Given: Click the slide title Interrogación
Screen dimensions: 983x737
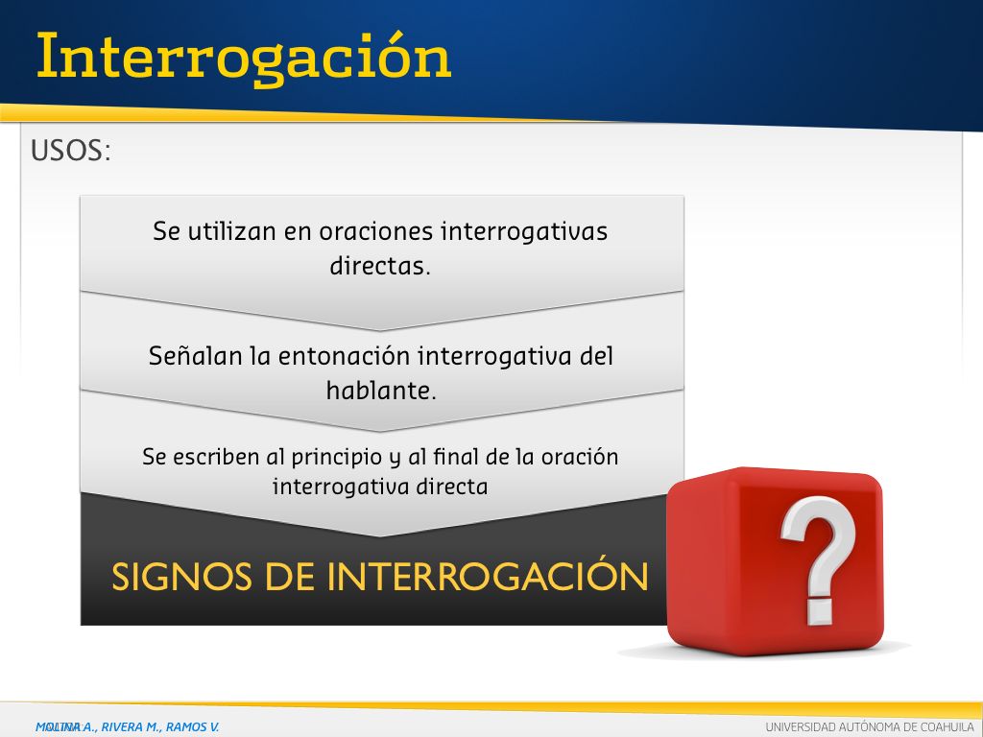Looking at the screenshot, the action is tap(244, 58).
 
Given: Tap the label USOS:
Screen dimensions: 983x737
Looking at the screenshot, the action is tap(70, 151).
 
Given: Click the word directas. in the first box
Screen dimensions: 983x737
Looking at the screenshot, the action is tap(380, 266).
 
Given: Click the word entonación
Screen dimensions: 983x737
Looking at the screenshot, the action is tap(345, 356).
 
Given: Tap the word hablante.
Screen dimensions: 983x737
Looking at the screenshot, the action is tap(381, 391).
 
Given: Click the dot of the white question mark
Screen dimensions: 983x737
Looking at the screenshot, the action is tap(819, 611).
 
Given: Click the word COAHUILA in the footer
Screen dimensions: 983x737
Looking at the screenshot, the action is tap(947, 727).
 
